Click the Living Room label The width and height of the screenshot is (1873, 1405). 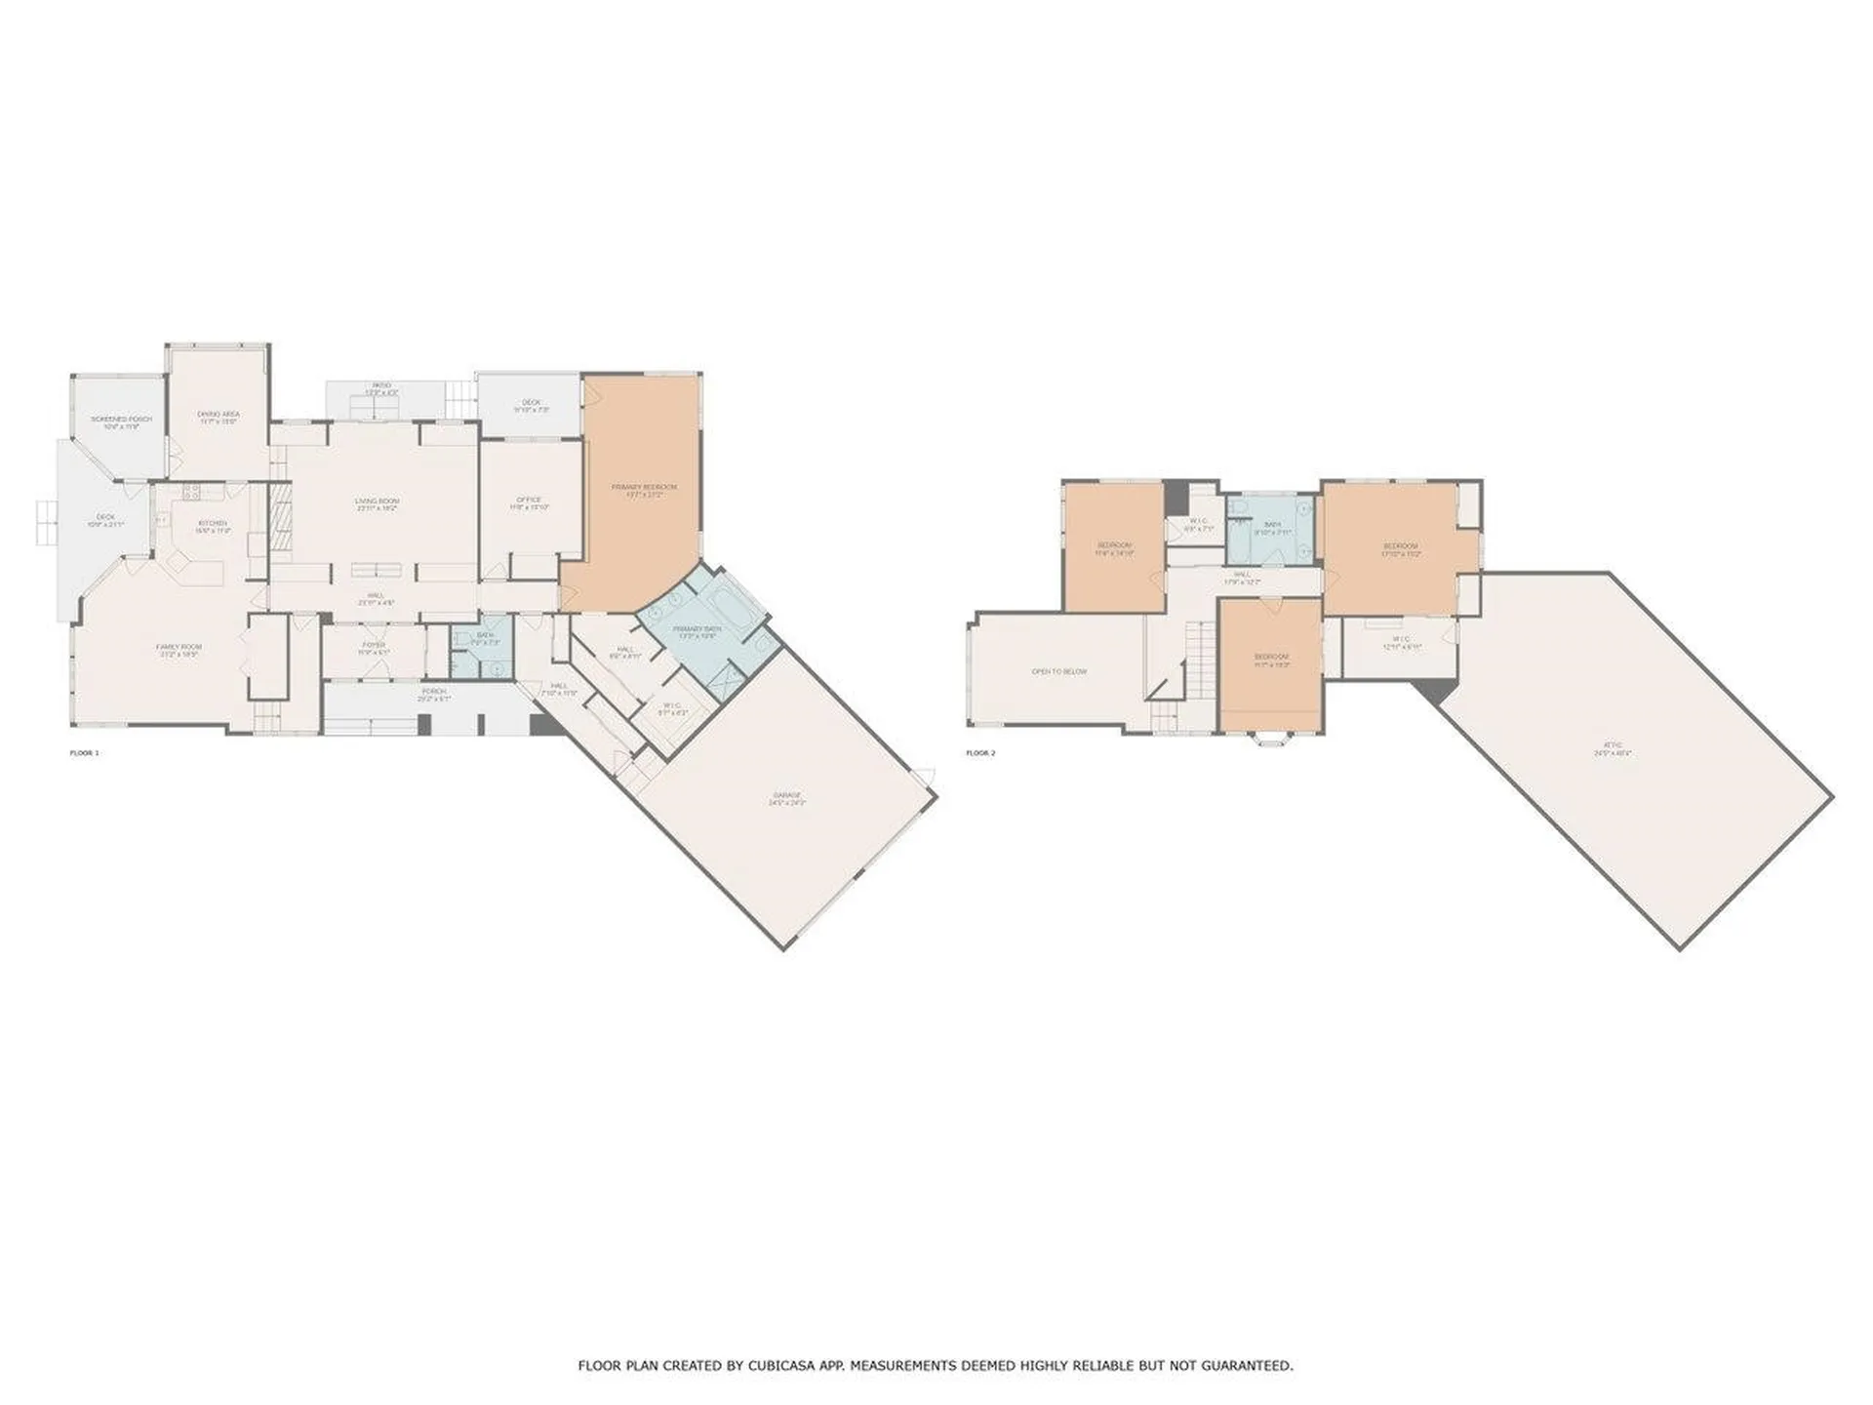[x=377, y=502]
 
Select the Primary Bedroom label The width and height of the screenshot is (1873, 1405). [x=644, y=487]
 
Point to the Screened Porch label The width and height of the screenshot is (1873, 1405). [x=122, y=419]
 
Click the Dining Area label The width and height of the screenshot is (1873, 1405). [x=219, y=415]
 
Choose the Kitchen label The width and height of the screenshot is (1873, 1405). [x=213, y=524]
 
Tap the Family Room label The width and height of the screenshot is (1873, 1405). [x=179, y=647]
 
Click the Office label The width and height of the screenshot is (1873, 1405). [x=529, y=500]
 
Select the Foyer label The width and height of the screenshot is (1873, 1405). [x=374, y=645]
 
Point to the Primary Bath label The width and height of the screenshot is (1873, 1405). [x=697, y=629]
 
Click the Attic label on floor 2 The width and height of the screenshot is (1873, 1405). [x=1613, y=749]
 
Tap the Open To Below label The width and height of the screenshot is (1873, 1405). [x=1059, y=671]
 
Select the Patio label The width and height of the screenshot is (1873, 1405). [x=381, y=386]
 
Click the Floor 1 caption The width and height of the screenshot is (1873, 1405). [x=84, y=753]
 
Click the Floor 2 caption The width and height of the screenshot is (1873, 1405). [x=980, y=753]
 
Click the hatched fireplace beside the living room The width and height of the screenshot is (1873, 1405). [x=281, y=520]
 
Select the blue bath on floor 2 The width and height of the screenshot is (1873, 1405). [x=1272, y=532]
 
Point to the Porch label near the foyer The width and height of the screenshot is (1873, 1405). [x=433, y=691]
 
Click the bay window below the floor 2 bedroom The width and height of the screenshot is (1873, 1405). [x=1271, y=739]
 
